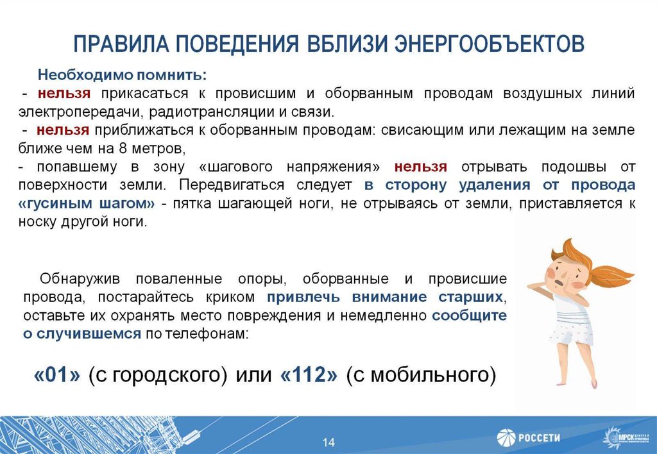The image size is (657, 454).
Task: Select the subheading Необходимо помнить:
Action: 122,74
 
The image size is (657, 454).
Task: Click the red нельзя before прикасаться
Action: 64,94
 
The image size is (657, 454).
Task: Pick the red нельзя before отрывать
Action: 420,167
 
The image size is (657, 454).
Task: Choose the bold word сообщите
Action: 469,316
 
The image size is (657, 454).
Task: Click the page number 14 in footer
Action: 328,442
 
